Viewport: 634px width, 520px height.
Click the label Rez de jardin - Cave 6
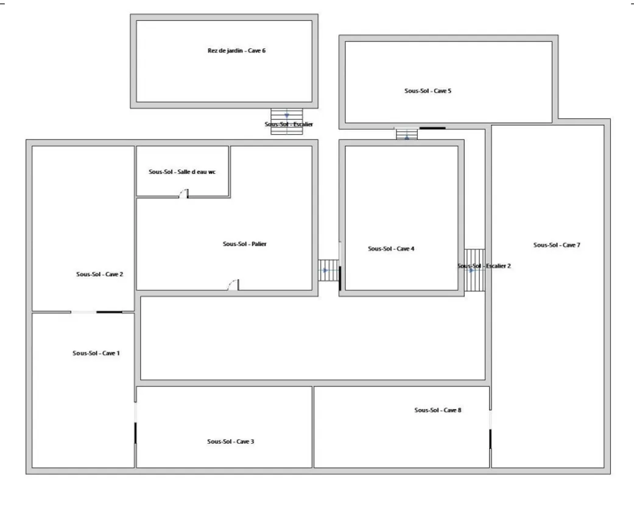click(236, 51)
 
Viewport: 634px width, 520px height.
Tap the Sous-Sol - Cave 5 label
click(428, 91)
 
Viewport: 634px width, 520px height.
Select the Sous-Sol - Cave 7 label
click(557, 245)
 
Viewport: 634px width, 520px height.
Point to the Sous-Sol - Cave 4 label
click(391, 249)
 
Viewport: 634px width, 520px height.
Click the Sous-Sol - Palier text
click(245, 244)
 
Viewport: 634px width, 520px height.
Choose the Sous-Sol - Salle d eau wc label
click(182, 171)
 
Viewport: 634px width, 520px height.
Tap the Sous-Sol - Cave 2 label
click(99, 274)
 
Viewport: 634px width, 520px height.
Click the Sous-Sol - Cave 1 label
click(96, 353)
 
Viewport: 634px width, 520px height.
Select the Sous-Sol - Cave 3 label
click(230, 441)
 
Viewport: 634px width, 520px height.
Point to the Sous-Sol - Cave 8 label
click(438, 410)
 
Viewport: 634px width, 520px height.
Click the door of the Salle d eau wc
click(184, 194)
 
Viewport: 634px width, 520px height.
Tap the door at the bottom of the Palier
click(233, 285)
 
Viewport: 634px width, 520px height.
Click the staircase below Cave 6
click(287, 121)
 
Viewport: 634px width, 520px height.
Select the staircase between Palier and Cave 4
click(328, 270)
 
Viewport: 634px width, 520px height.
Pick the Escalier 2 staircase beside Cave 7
click(474, 270)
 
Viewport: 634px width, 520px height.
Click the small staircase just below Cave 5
click(407, 134)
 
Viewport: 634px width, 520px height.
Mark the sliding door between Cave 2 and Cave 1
click(97, 312)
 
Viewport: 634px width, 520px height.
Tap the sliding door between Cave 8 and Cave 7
click(490, 430)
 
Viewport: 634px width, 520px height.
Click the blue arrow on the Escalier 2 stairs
click(471, 270)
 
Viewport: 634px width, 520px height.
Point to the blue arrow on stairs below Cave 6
click(287, 116)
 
